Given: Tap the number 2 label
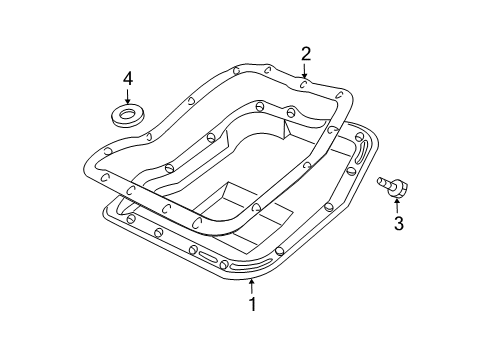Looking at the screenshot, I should (x=306, y=54).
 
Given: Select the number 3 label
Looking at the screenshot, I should (x=398, y=224).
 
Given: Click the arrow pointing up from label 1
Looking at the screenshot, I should (x=253, y=286).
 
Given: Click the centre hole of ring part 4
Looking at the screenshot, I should (x=127, y=115).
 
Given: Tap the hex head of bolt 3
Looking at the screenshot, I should (x=400, y=186).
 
